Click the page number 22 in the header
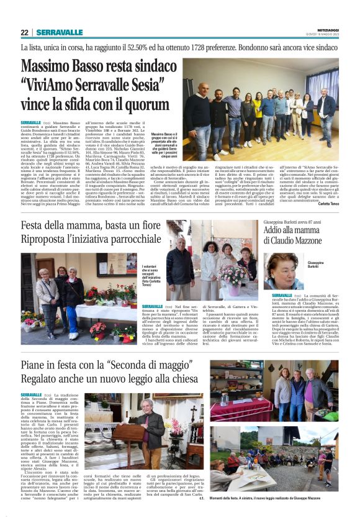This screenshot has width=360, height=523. tap(24, 32)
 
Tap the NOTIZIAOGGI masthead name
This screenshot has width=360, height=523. tap(324, 29)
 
